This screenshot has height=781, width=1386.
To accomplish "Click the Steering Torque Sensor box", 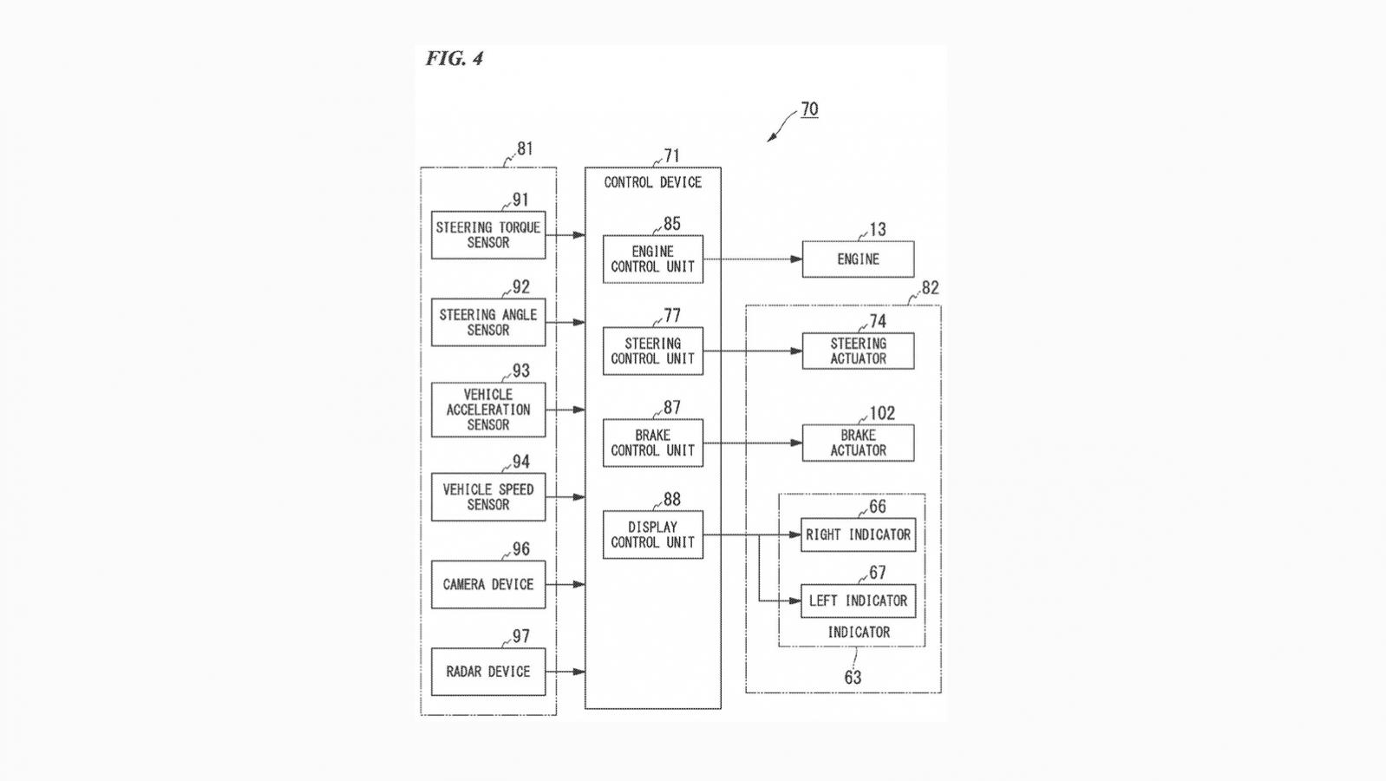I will tap(488, 235).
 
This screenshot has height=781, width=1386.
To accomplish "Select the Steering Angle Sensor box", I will tap(488, 322).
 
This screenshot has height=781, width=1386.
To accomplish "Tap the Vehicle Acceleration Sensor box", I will tap(488, 410).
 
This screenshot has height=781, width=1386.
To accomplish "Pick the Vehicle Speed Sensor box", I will tap(488, 496).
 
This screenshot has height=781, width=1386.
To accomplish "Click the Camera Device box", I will tap(488, 584).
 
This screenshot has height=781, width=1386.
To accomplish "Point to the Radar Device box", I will tap(488, 671).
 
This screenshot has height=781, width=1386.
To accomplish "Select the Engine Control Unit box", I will tap(653, 259).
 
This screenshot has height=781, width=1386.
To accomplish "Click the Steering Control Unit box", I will tap(653, 351).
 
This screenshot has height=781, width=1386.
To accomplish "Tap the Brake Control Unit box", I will tap(653, 443).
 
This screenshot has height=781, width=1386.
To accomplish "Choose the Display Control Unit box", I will tap(653, 535).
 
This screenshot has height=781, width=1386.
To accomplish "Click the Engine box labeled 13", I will tap(858, 259).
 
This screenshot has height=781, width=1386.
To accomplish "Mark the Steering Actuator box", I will tap(858, 351).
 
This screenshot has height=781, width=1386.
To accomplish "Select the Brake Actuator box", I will tap(858, 443).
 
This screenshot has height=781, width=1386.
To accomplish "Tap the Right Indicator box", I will tap(858, 535).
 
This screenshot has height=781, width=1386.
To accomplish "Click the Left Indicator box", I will tap(858, 601).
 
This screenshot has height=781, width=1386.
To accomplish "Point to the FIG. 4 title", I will tap(454, 59).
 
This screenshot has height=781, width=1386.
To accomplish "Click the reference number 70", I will tap(809, 109).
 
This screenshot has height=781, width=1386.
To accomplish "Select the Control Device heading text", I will tap(653, 182).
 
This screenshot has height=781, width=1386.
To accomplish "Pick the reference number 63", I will tap(853, 678).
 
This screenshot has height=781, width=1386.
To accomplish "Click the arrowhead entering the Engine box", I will tap(796, 259).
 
